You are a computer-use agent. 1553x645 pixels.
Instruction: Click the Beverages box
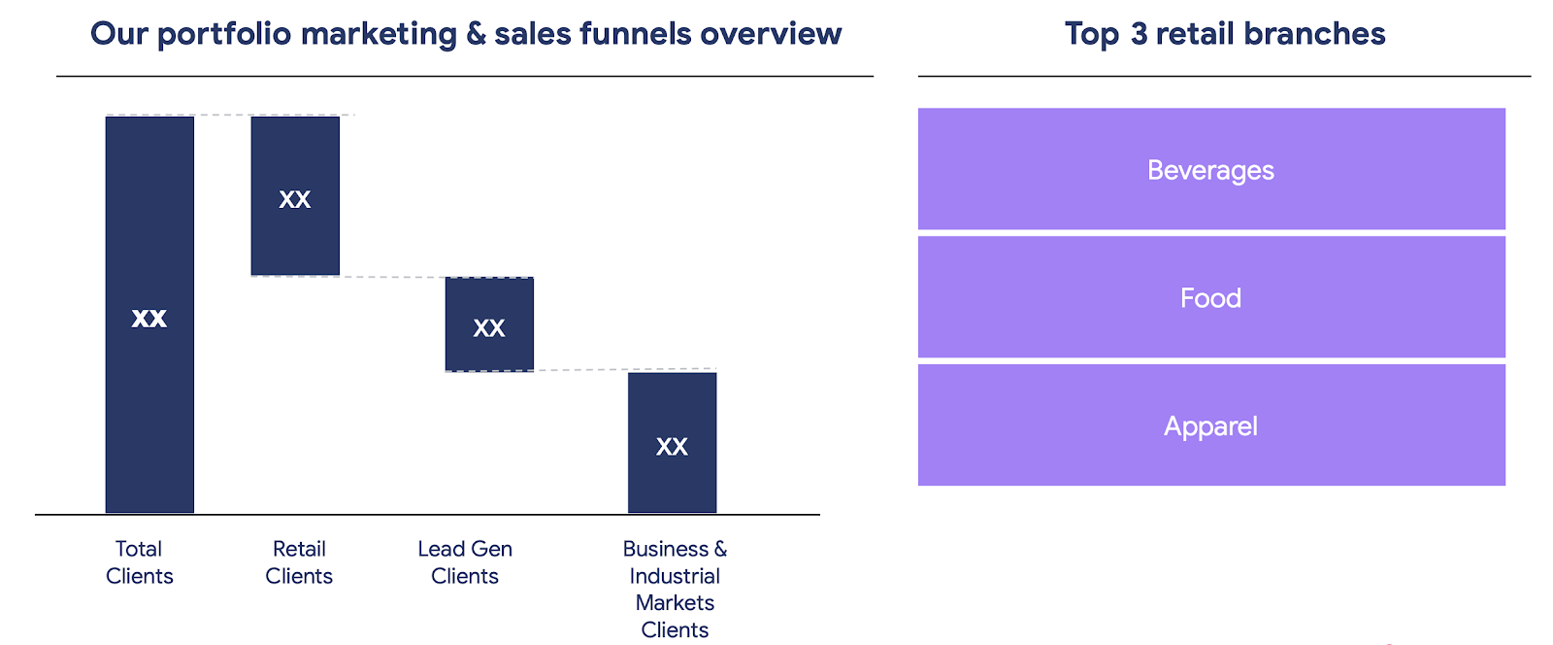(x=1211, y=169)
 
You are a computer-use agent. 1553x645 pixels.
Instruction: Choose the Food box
(x=1211, y=297)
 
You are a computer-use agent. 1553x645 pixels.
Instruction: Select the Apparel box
(x=1211, y=425)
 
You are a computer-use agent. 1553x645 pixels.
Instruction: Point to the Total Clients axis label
(x=139, y=562)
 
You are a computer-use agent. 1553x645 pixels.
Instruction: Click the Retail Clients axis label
(x=299, y=562)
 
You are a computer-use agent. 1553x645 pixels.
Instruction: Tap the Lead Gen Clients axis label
(x=465, y=562)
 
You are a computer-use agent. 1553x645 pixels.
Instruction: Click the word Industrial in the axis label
(x=675, y=576)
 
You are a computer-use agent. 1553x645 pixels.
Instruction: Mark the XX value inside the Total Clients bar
(x=149, y=318)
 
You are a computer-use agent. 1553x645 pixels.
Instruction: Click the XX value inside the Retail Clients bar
(x=295, y=199)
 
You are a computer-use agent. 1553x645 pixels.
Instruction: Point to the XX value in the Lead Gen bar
(x=489, y=328)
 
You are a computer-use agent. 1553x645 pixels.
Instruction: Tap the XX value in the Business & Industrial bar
(x=672, y=447)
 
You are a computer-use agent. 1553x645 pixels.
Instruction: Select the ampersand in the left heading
(x=476, y=34)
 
